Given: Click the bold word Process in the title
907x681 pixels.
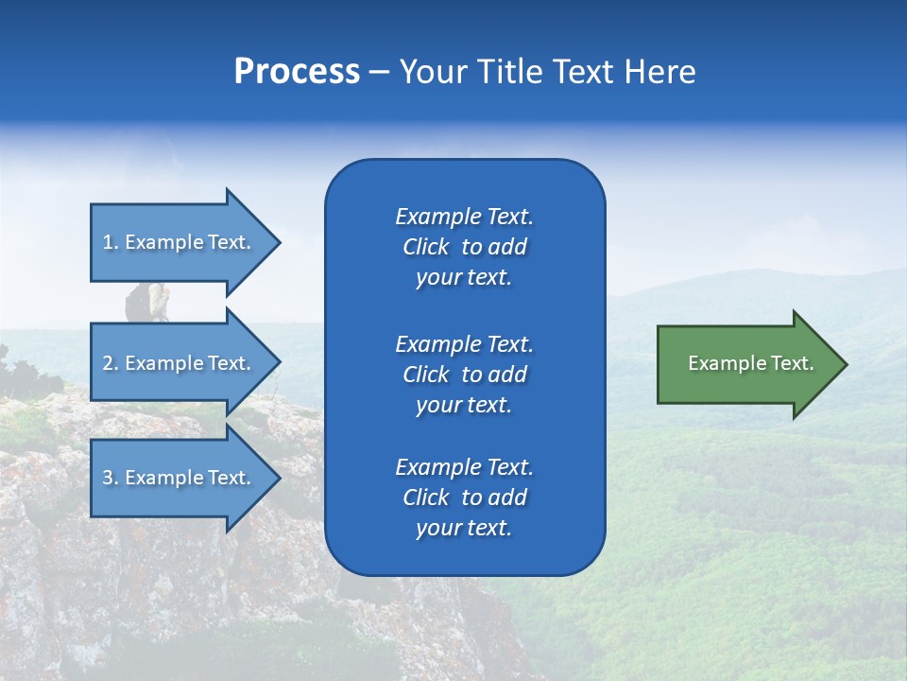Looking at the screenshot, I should pyautogui.click(x=297, y=72).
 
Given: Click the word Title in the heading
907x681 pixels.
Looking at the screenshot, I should pyautogui.click(x=510, y=72).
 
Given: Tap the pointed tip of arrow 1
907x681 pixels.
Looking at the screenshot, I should pyautogui.click(x=278, y=242).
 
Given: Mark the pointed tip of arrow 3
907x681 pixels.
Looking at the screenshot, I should pyautogui.click(x=278, y=478).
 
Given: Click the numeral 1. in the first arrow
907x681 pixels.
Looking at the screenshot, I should pyautogui.click(x=110, y=242).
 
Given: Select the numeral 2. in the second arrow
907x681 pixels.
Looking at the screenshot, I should pyautogui.click(x=110, y=363).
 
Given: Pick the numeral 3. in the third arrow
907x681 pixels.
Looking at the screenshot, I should pyautogui.click(x=110, y=479).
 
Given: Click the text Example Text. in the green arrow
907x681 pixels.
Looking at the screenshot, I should pyautogui.click(x=751, y=363).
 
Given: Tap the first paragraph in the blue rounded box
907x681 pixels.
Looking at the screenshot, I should pyautogui.click(x=464, y=247).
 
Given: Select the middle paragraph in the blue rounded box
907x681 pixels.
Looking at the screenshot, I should pyautogui.click(x=464, y=374).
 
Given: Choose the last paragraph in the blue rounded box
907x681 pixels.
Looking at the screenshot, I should pyautogui.click(x=464, y=498).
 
